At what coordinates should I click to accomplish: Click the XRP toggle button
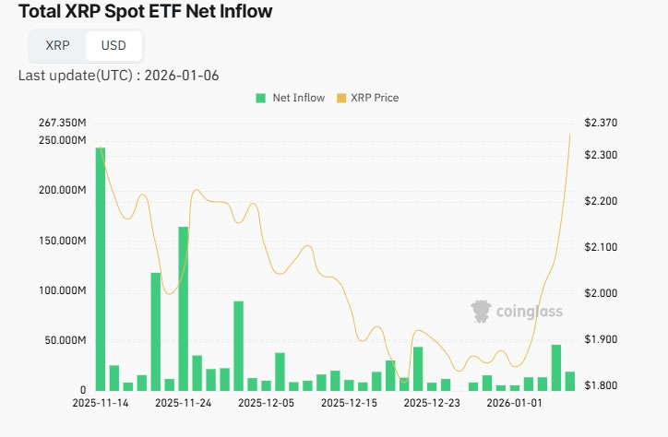tap(57, 45)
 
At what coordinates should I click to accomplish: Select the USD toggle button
tap(113, 45)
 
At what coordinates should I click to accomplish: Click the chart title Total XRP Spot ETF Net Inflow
tap(140, 12)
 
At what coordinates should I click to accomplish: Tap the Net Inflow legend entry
tap(291, 98)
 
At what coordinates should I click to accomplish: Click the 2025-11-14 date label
tap(101, 403)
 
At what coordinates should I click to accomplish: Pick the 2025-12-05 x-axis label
tap(266, 403)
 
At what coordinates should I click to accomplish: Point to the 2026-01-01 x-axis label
tap(513, 403)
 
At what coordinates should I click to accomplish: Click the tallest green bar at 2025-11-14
tap(101, 267)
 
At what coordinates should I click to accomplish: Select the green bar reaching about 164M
tap(183, 308)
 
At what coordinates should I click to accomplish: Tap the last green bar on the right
tap(570, 381)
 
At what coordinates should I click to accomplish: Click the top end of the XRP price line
tap(569, 135)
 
